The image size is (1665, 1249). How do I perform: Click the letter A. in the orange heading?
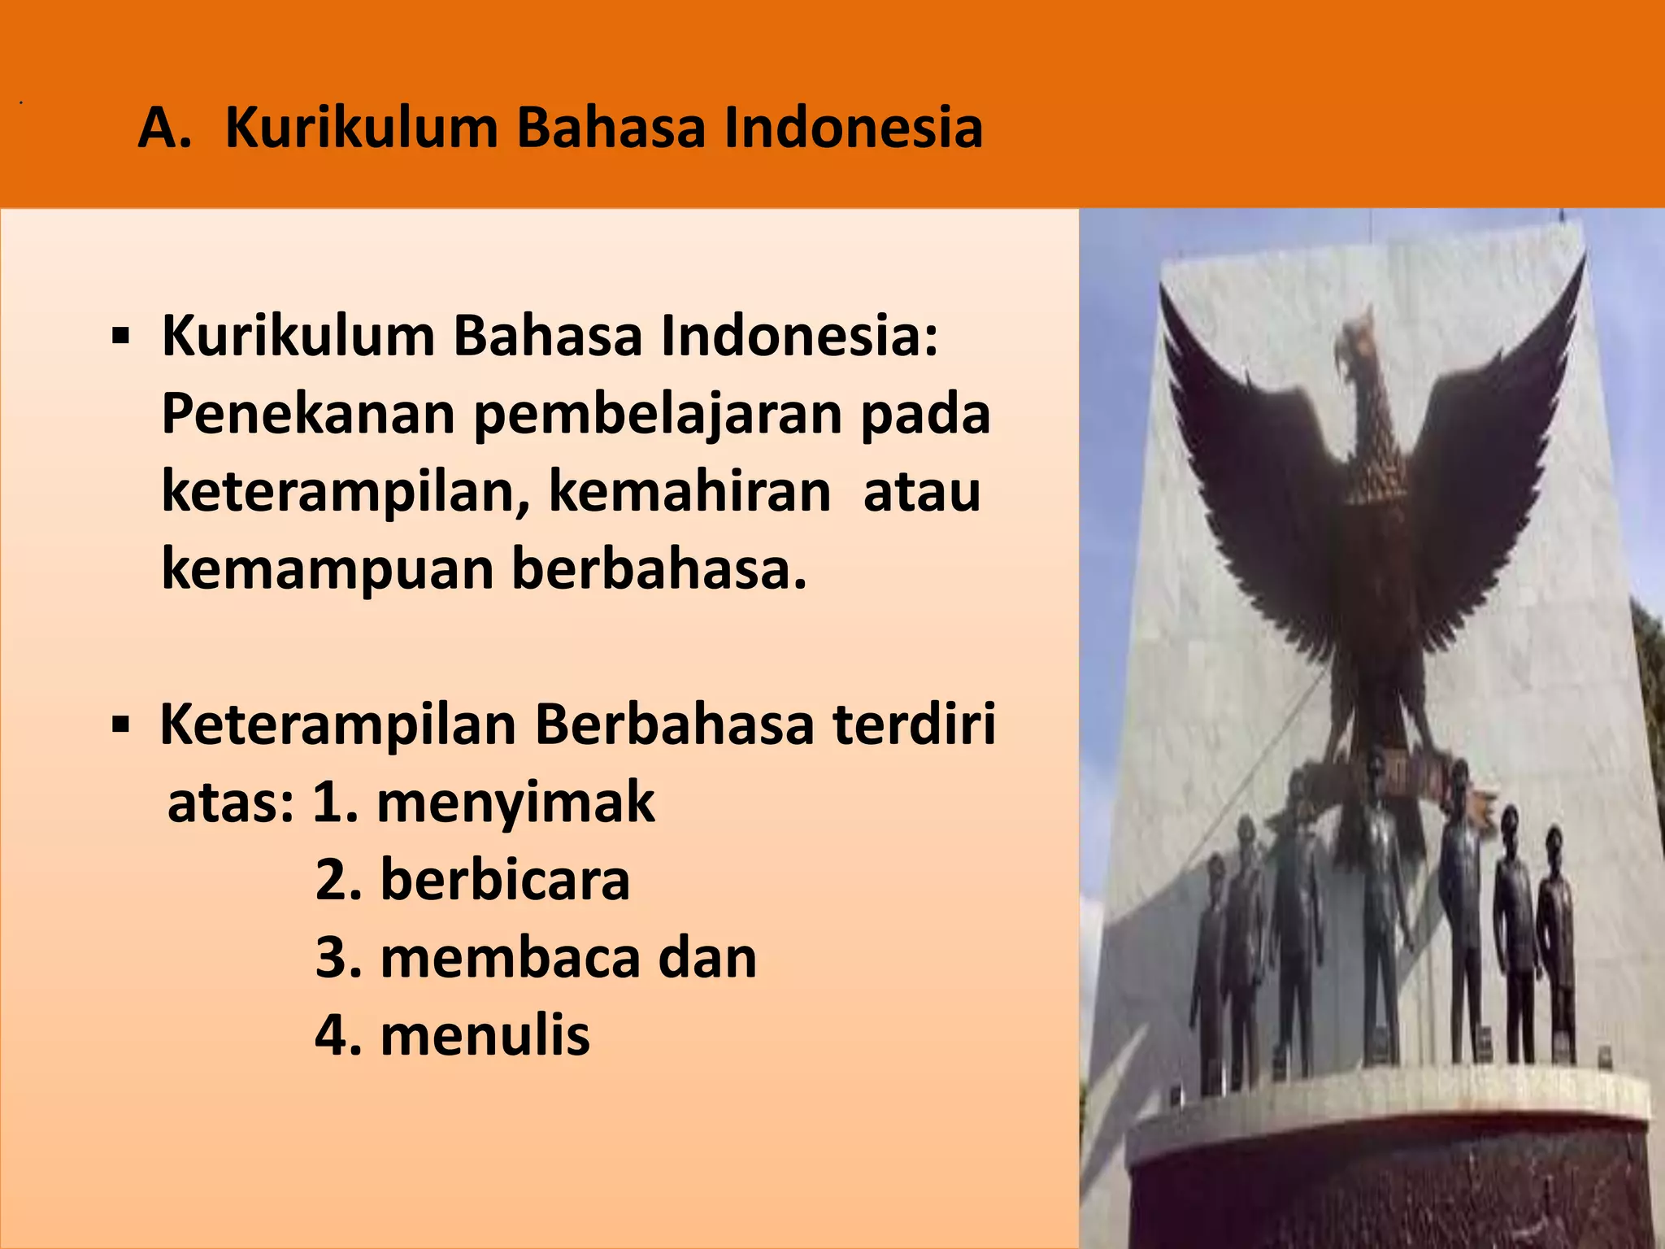[165, 128]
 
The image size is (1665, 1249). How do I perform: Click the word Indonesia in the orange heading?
[853, 128]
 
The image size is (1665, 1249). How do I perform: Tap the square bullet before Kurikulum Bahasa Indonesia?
[121, 336]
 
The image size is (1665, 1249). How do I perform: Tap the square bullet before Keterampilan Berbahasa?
[121, 724]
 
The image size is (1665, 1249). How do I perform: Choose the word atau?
[922, 493]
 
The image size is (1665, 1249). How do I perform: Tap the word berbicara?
[505, 880]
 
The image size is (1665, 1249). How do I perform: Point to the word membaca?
[510, 958]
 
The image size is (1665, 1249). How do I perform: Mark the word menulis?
[485, 1035]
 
